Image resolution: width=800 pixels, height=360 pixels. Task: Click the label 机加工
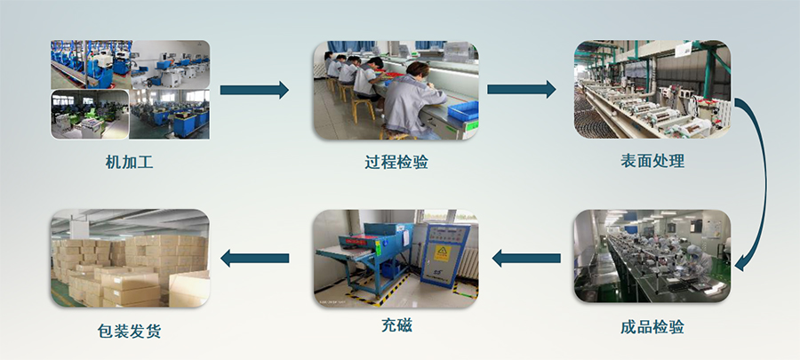[x=129, y=162]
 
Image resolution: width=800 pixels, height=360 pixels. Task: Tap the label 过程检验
[x=396, y=162]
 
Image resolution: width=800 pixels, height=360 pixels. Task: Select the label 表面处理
[x=652, y=161]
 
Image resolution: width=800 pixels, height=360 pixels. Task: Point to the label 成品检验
[x=652, y=327]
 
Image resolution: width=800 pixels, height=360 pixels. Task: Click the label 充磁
[x=396, y=324]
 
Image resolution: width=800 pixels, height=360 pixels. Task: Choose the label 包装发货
[x=129, y=332]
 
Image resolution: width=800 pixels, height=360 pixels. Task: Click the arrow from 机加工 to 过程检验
[x=254, y=90]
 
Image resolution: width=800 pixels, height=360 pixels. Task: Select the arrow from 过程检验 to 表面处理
[x=522, y=89]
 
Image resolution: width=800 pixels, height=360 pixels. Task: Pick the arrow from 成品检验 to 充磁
[x=526, y=258]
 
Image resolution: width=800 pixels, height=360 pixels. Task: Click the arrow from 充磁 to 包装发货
[x=254, y=258]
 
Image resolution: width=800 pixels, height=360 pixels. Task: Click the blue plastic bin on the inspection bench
[x=463, y=110]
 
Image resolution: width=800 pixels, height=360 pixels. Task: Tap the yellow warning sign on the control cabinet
[x=440, y=252]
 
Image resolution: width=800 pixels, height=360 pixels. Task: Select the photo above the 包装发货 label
[x=130, y=259]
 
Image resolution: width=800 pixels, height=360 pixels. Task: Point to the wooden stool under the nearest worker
[x=394, y=132]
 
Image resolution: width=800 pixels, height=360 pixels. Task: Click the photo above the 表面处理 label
[x=652, y=90]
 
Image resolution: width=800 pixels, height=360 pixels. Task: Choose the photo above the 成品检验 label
[x=652, y=256]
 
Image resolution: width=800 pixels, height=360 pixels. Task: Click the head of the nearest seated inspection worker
[x=416, y=70]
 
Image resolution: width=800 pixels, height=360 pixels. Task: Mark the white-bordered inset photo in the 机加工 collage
[x=90, y=114]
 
